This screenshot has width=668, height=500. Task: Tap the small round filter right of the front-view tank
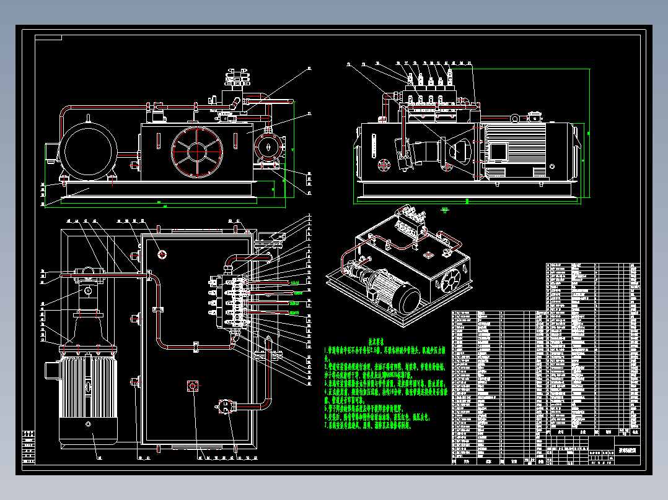267,149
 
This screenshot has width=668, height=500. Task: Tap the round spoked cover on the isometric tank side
452,280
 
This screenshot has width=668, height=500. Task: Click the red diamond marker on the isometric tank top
427,254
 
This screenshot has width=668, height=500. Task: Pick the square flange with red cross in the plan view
192,386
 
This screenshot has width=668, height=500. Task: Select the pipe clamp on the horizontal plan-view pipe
196,347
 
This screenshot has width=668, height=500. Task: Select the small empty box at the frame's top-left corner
49,38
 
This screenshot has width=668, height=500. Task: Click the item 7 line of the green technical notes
368,425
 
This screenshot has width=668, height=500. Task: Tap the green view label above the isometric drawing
444,210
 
